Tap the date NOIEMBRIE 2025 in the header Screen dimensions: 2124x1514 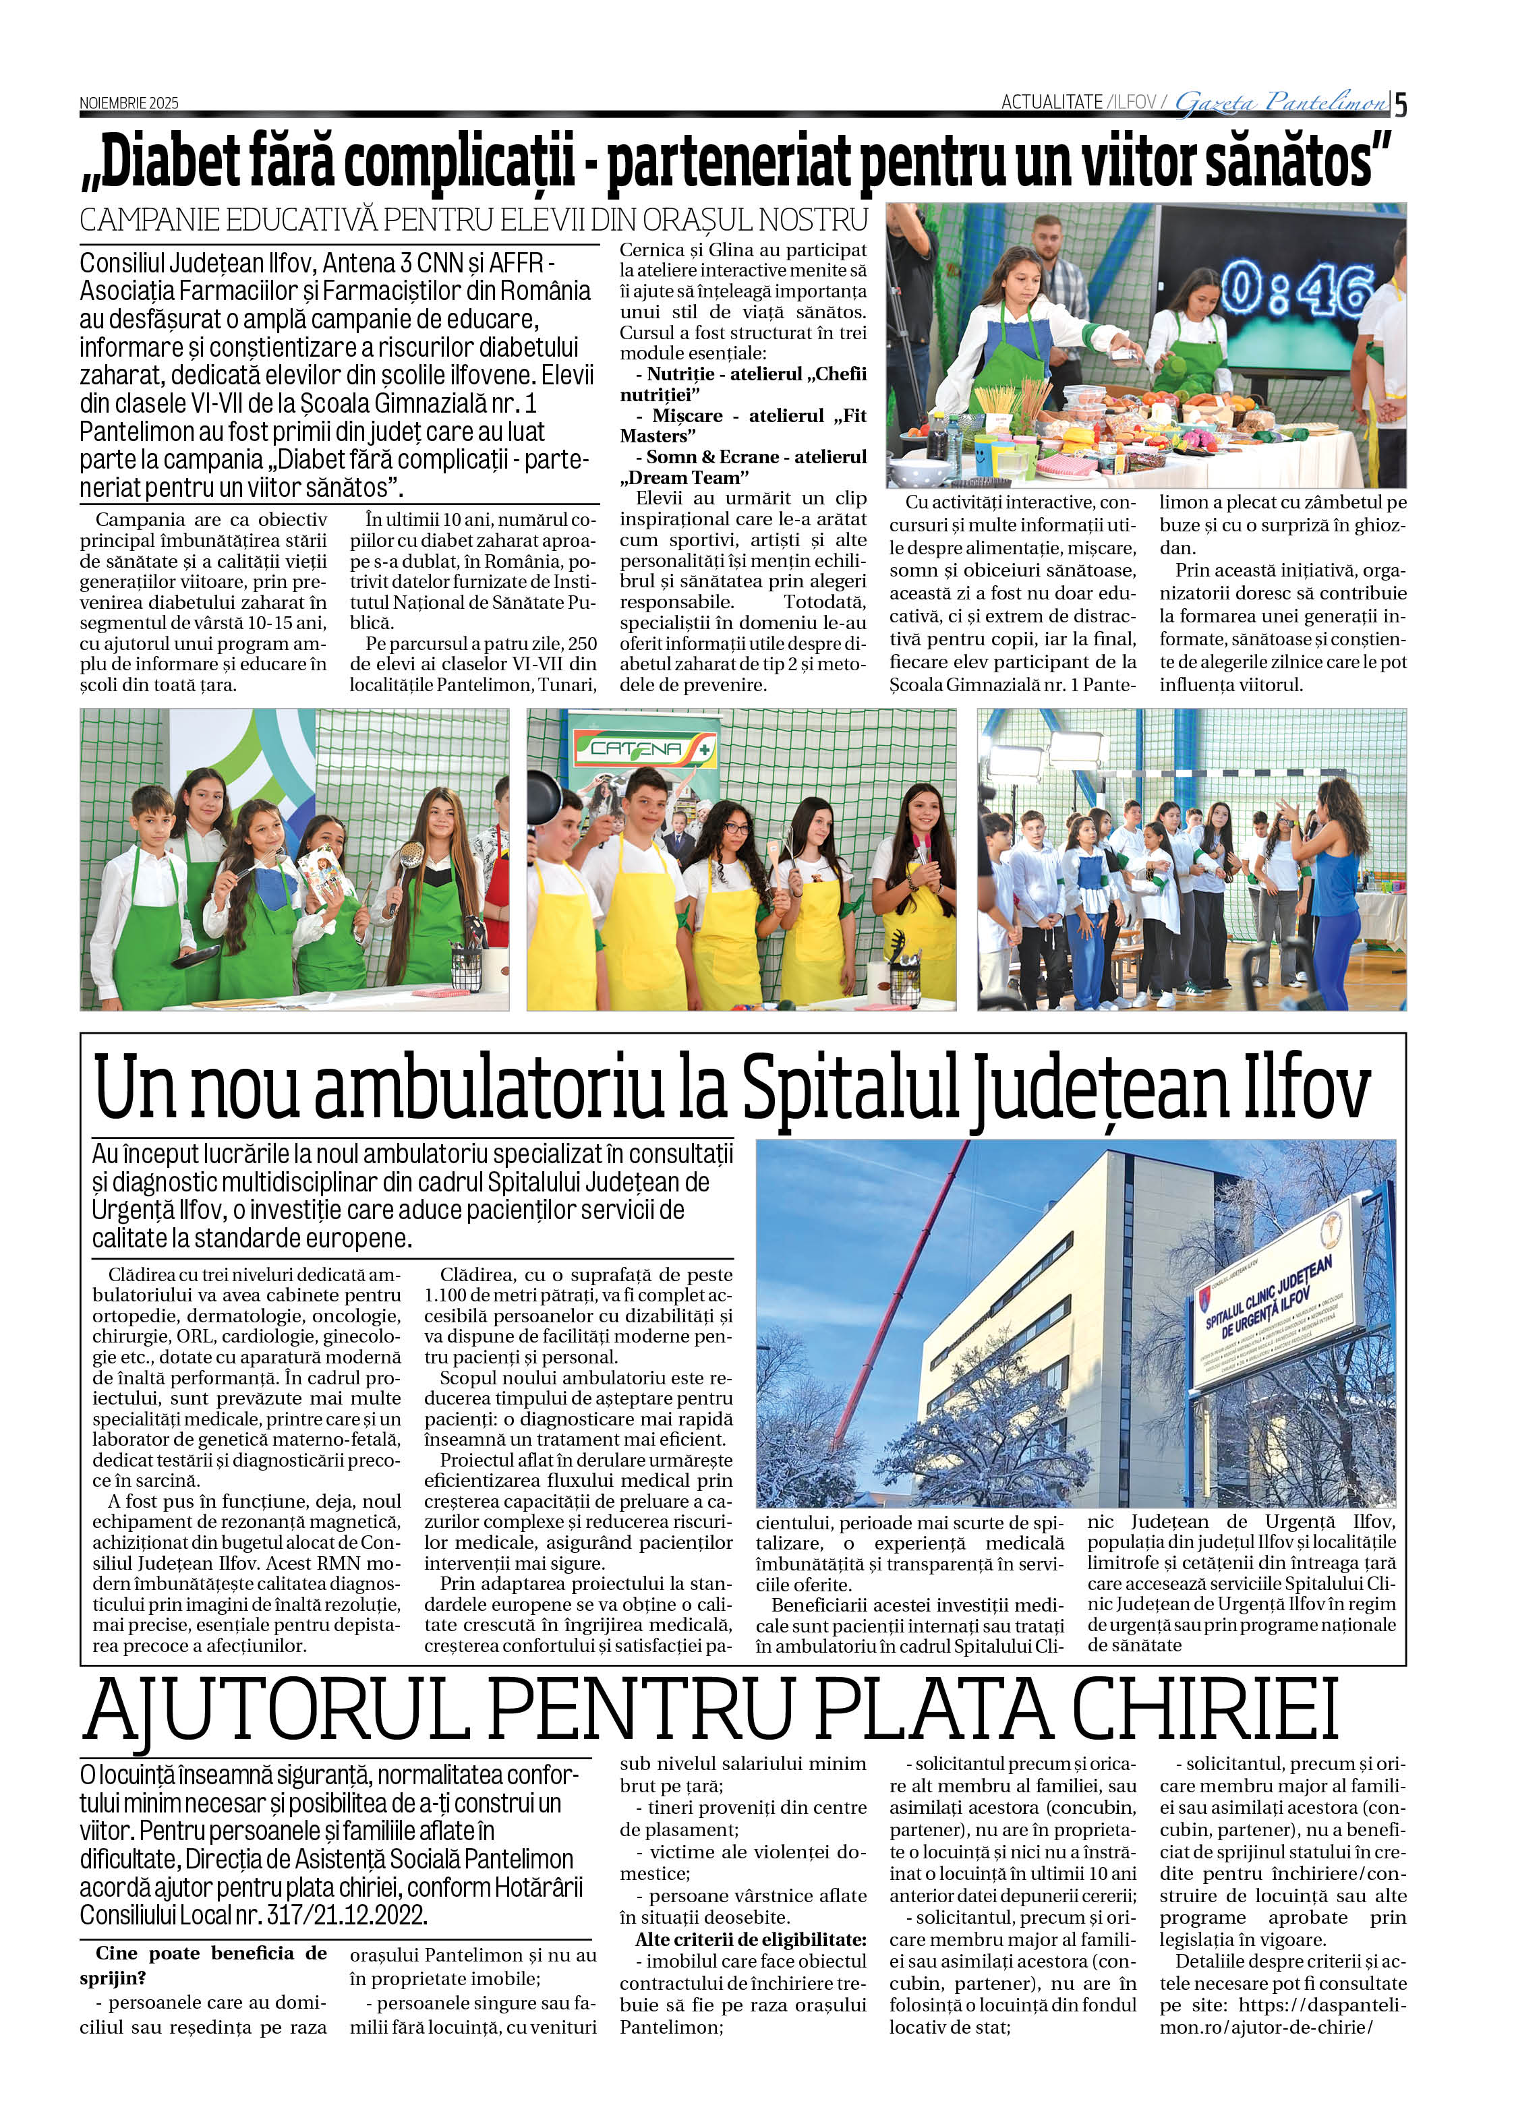point(129,103)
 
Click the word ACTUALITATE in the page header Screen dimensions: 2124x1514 point(1051,102)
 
